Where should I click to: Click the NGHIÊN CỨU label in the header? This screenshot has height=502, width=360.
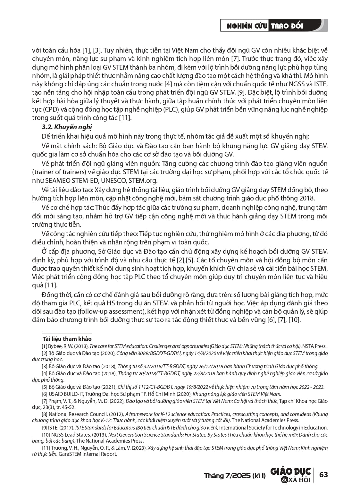247,26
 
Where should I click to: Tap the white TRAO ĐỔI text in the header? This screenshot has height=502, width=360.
287,26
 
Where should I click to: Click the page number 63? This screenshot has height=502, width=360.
323,474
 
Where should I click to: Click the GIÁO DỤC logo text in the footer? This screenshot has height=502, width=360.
290,471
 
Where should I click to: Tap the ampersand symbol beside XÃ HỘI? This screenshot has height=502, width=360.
284,480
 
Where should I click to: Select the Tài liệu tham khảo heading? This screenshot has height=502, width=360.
67,339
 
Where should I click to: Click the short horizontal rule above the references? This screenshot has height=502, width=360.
67,333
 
